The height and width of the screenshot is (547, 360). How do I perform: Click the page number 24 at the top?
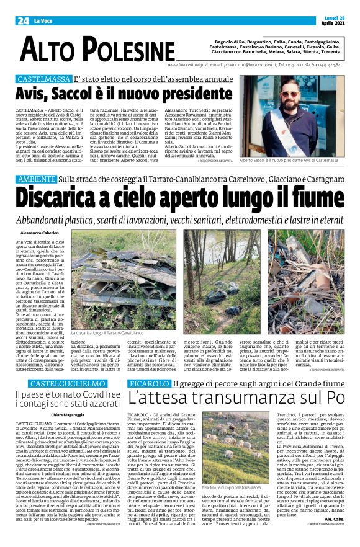pos(24,20)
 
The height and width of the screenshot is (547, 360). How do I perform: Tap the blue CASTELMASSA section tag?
pos(43,81)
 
